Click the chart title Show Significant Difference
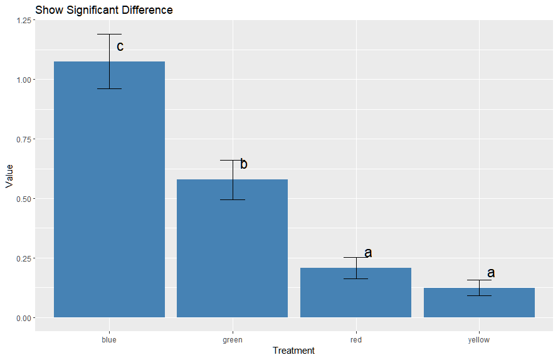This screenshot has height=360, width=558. tap(104, 10)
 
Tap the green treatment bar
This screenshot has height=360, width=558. tap(233, 251)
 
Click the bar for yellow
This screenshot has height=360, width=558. tap(479, 304)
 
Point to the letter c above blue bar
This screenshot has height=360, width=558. tap(120, 46)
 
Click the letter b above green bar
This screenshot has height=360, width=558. tap(244, 164)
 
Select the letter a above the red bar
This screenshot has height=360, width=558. tap(368, 253)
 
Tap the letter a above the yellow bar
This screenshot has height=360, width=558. tap(491, 273)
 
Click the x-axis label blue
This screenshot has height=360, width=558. tap(109, 340)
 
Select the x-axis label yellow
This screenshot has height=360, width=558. tap(479, 340)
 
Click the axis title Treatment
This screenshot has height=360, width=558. tap(293, 351)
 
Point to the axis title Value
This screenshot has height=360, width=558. tap(9, 176)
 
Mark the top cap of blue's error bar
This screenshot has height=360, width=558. tap(109, 34)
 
